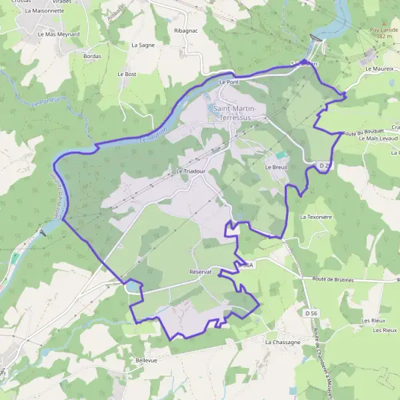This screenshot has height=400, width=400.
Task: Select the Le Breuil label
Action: click(x=275, y=167)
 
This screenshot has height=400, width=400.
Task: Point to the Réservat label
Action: click(x=200, y=272)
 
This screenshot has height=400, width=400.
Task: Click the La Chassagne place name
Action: click(x=282, y=342)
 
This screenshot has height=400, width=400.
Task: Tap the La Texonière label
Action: click(x=316, y=217)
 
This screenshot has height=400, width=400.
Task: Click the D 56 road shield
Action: click(x=311, y=313)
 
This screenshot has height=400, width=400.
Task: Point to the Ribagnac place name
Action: click(x=185, y=31)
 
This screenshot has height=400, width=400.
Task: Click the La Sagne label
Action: click(x=143, y=45)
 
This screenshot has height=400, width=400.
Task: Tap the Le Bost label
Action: click(x=126, y=74)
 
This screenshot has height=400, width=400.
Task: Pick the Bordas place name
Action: click(x=92, y=56)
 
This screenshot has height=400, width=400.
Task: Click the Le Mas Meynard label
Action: click(x=59, y=34)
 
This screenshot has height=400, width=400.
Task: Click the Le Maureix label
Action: click(x=378, y=69)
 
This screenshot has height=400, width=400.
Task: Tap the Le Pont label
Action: click(x=229, y=82)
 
